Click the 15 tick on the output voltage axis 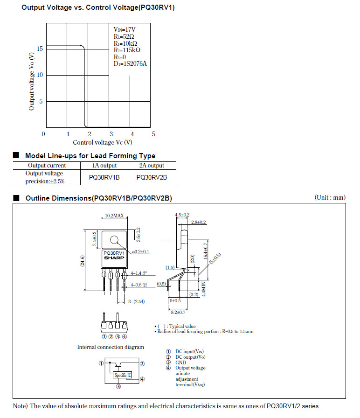pos(40,49)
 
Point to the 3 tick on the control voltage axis pos(111,134)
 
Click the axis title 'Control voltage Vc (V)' pos(103,142)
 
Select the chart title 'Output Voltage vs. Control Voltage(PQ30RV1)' pos(98,8)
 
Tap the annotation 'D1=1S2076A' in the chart pos(130,64)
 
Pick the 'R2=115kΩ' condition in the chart pos(127,50)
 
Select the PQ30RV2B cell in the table pos(152,177)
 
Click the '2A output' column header pos(152,165)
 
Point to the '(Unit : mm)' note pos(330,198)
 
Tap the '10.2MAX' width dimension pos(114,216)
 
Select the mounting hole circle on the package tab pos(114,240)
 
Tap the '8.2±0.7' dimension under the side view pos(178,312)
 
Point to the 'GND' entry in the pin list pos(180,362)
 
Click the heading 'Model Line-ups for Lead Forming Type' pos(90,156)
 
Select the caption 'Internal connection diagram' pos(111,347)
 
